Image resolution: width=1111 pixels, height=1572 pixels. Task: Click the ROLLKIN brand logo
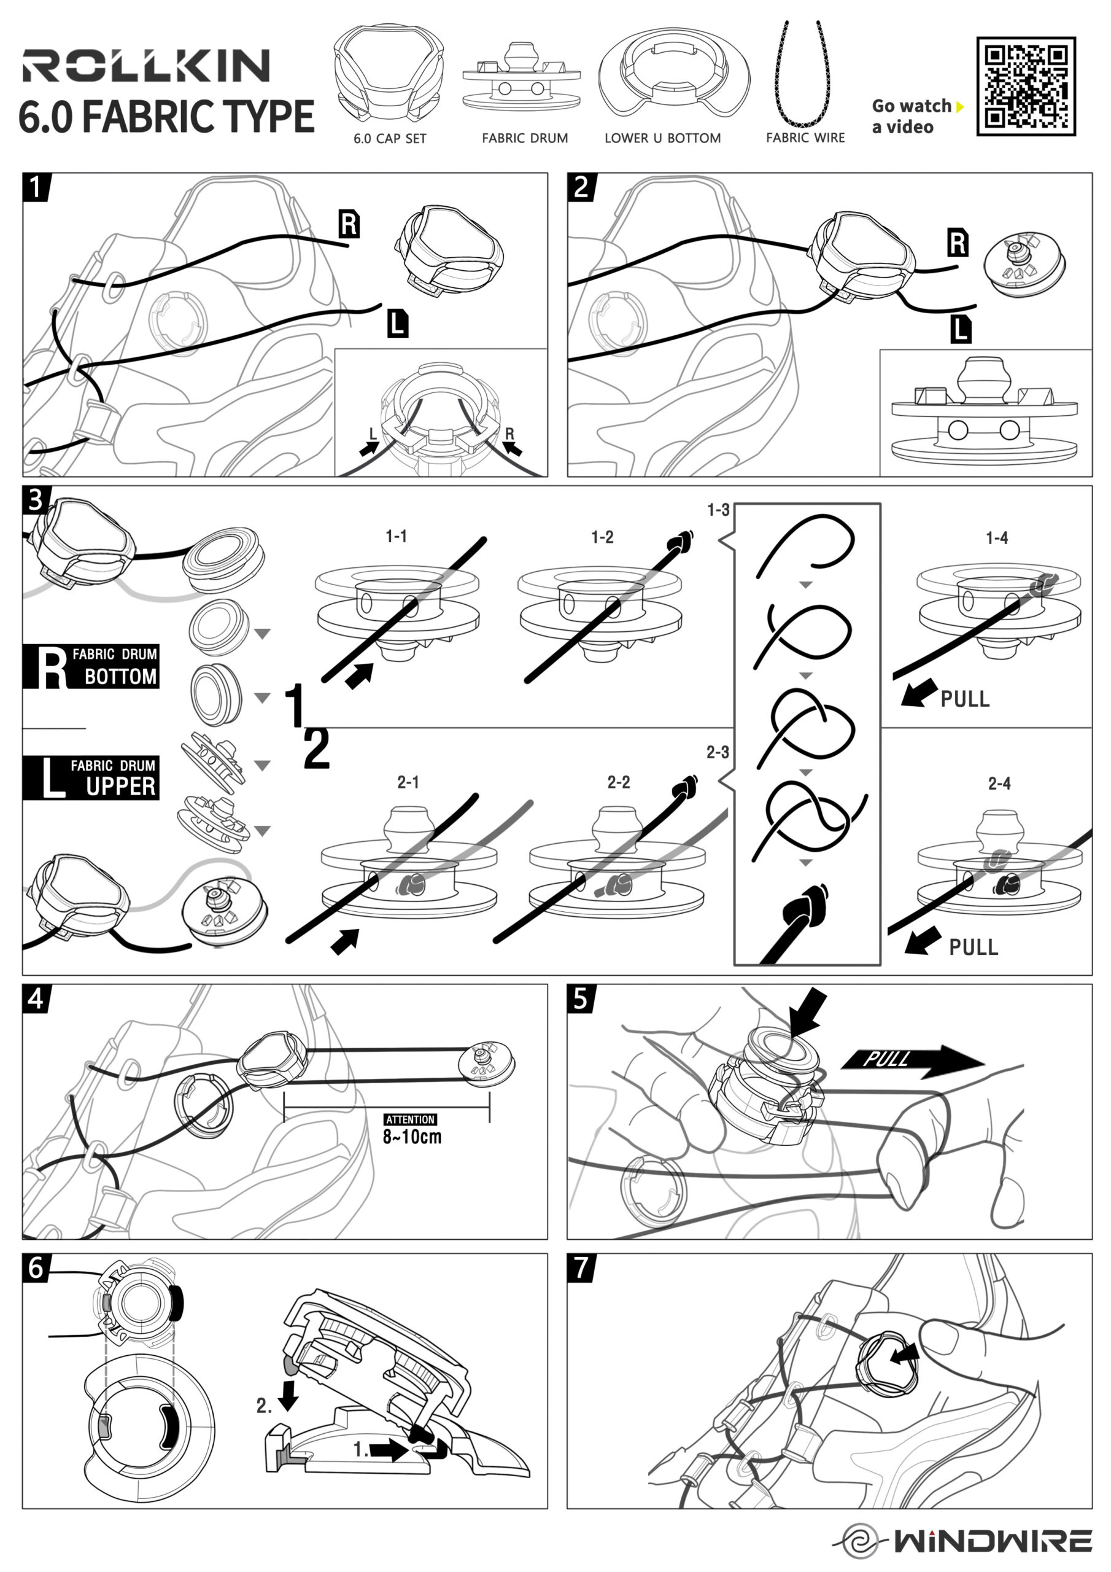(146, 66)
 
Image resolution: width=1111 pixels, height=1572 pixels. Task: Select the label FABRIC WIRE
(805, 138)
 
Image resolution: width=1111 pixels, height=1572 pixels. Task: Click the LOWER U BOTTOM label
(662, 138)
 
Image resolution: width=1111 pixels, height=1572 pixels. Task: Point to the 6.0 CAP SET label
(390, 138)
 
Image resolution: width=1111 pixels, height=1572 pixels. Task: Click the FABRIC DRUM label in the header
(524, 138)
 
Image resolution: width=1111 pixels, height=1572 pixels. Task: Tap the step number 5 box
(581, 999)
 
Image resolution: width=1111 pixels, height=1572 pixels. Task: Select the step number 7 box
(581, 1267)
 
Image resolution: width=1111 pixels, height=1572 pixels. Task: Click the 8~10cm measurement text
(411, 1137)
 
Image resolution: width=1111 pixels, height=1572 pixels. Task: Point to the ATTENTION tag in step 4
(410, 1119)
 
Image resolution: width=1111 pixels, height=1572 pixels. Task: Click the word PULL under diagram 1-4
(964, 699)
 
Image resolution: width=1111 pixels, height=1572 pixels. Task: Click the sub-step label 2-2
(618, 782)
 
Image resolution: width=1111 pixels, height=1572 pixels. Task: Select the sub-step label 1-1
(397, 536)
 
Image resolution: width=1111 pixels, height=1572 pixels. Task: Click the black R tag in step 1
(349, 224)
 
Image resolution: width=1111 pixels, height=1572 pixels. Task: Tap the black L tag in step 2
(961, 329)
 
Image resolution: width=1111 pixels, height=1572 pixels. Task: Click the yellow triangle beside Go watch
(960, 107)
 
